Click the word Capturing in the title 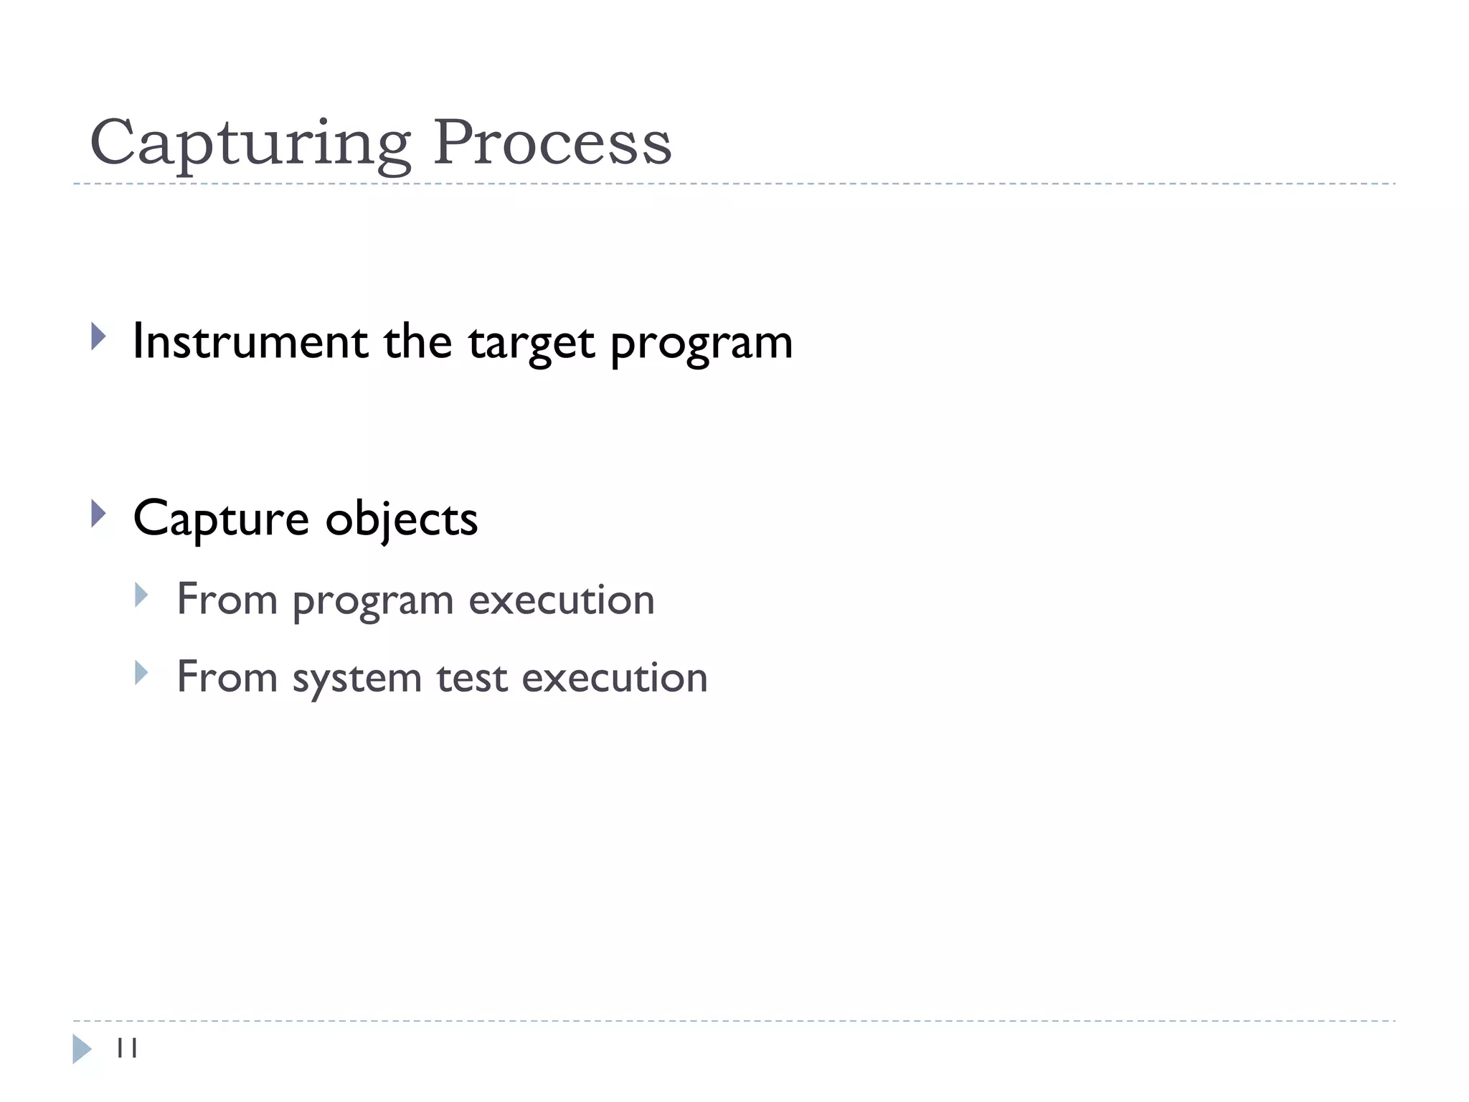click(250, 143)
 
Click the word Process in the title click(552, 143)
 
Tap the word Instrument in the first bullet click(250, 342)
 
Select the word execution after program click(562, 600)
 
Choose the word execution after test click(615, 678)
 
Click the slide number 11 click(127, 1048)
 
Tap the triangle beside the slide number click(82, 1049)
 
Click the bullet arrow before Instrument click(99, 336)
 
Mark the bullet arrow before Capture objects click(99, 514)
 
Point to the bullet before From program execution click(141, 595)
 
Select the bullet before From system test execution click(141, 672)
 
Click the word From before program click(227, 600)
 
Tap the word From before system click(227, 678)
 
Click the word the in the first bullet click(417, 342)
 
